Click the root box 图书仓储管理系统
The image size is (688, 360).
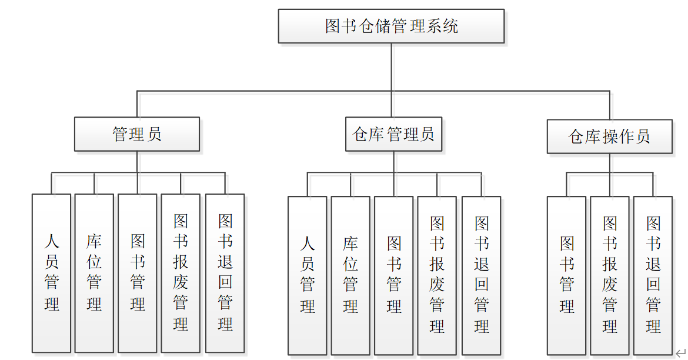coord(391,26)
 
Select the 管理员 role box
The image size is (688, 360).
coord(136,134)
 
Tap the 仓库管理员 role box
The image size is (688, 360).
coord(393,134)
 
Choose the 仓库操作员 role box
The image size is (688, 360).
coord(609,136)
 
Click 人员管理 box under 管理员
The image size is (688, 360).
coord(51,273)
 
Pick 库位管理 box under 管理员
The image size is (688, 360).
coord(94,273)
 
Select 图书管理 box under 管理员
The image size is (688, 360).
coord(137,273)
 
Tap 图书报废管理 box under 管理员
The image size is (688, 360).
coord(181,273)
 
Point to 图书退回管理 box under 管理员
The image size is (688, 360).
coord(225,273)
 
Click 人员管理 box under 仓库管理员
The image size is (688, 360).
coord(307,275)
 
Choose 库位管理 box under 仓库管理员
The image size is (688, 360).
coord(350,275)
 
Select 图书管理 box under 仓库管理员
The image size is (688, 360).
coord(393,275)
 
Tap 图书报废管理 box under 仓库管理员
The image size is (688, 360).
coord(437,275)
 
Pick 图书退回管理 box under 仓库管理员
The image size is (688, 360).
coord(481,275)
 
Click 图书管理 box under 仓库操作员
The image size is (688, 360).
coord(566,275)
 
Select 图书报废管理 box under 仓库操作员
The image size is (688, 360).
coord(610,275)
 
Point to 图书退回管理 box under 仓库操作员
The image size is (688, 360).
coord(653,275)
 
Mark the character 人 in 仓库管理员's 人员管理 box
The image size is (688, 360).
coord(307,244)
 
